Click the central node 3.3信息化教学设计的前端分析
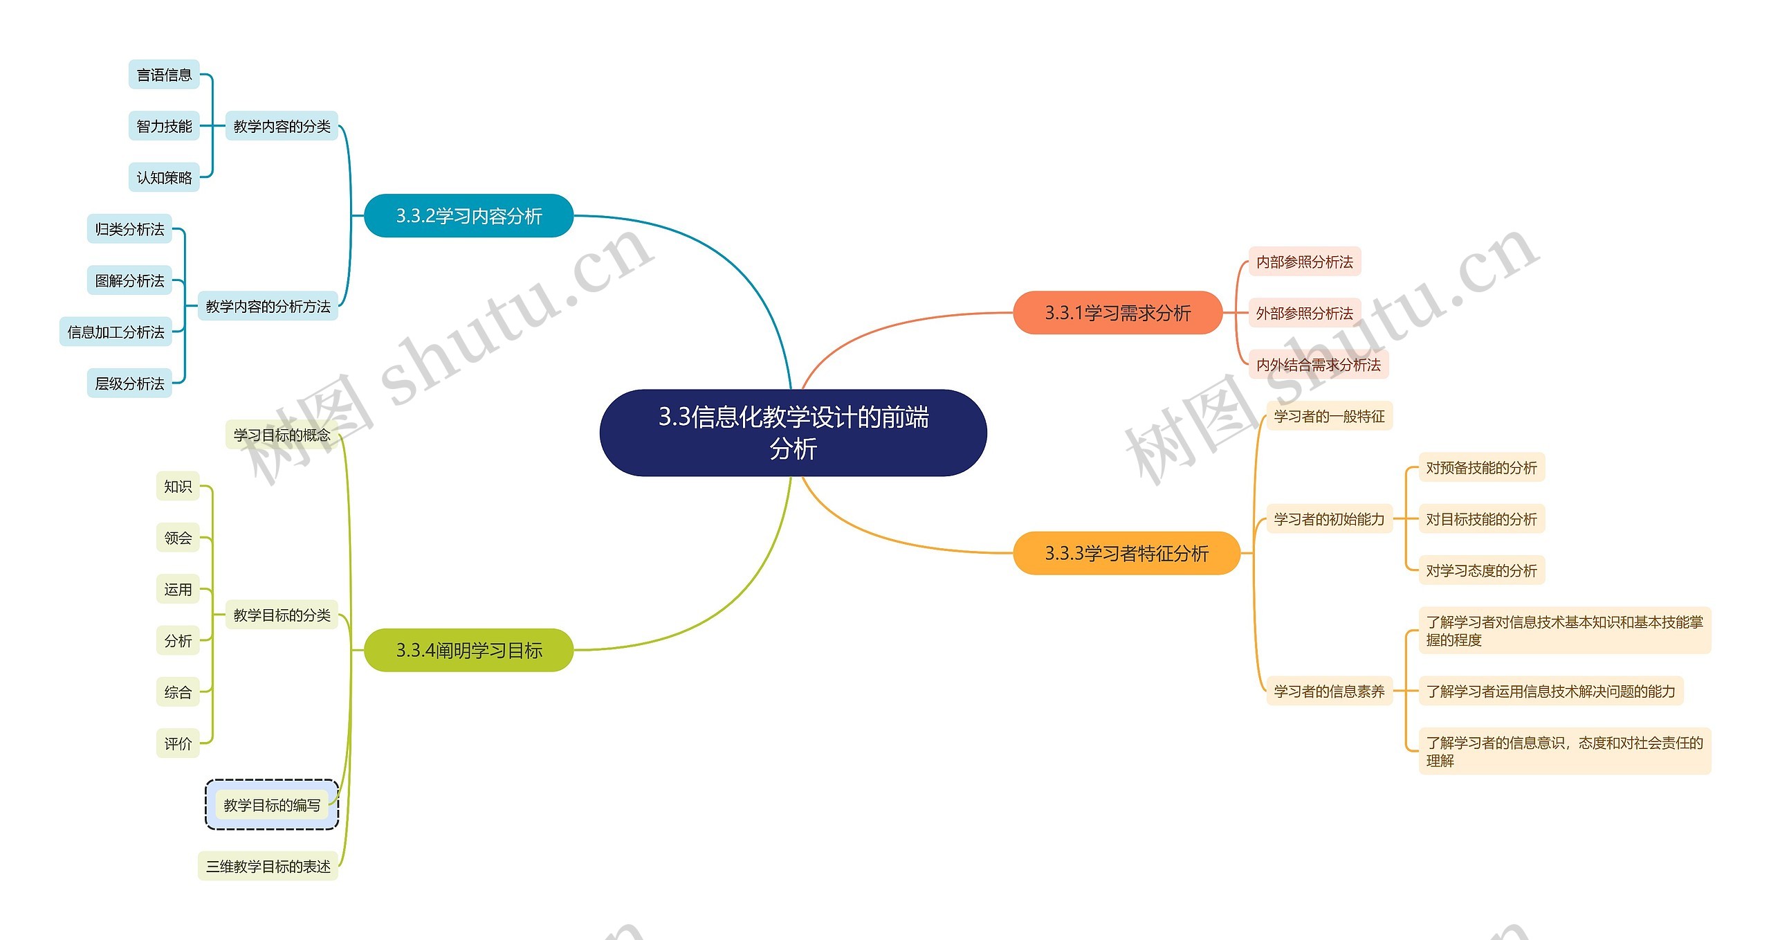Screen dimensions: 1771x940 click(793, 433)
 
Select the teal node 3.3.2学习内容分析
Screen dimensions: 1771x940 click(468, 216)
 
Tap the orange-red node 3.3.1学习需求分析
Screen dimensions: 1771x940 click(1117, 313)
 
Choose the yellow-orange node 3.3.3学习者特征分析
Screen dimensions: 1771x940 click(1126, 553)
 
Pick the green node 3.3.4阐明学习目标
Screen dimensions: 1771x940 click(468, 650)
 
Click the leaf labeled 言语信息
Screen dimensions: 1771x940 click(164, 75)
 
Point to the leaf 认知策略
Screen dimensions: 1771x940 click(164, 178)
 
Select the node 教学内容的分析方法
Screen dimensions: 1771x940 click(268, 306)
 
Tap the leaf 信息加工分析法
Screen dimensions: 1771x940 click(116, 332)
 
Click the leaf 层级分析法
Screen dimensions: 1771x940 click(129, 383)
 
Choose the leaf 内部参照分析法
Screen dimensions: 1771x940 click(1304, 262)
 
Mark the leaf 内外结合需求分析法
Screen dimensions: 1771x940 click(1318, 365)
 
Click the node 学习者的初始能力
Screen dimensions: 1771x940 click(1329, 519)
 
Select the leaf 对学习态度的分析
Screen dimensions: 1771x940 click(1481, 570)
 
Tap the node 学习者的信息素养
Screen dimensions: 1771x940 click(1329, 691)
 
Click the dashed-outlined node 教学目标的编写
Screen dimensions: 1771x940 click(272, 805)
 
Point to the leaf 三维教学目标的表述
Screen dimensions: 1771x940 click(268, 866)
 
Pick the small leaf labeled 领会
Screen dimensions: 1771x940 click(178, 538)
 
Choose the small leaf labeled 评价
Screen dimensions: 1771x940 click(178, 743)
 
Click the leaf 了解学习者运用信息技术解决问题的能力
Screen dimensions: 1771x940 click(1550, 691)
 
